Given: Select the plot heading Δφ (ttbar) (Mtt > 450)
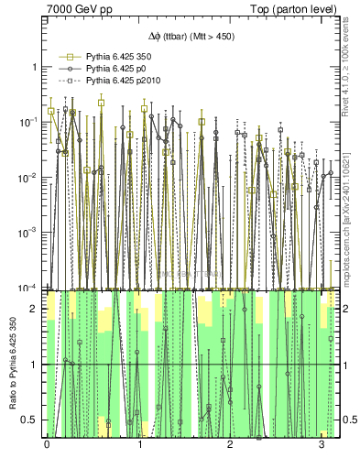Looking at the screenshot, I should [189, 36].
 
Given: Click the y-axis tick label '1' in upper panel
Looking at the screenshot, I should [35, 68].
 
